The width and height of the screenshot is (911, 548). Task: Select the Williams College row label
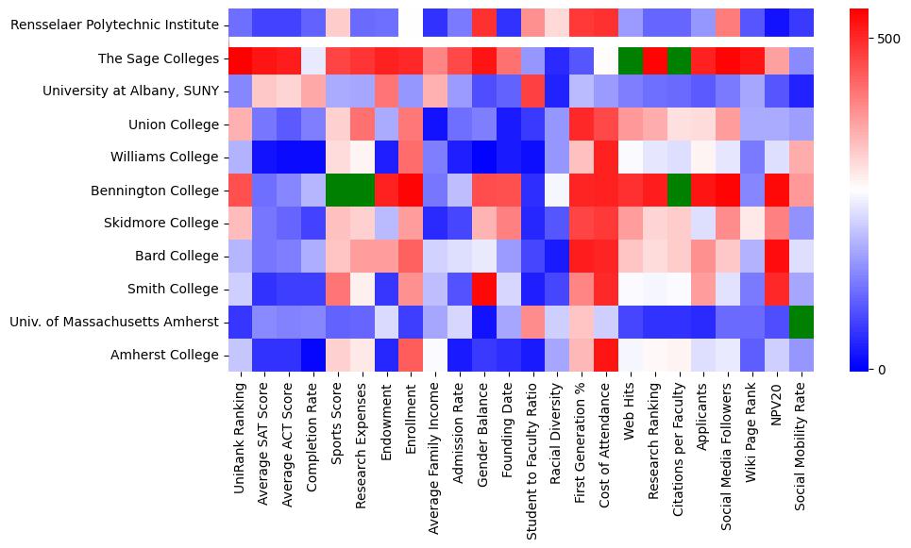pyautogui.click(x=165, y=157)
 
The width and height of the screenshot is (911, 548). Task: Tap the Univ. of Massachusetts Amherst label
pyautogui.click(x=112, y=322)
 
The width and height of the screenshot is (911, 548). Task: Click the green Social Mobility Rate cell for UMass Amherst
pyautogui.click(x=801, y=322)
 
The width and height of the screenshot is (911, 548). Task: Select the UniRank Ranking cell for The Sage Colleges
pyautogui.click(x=240, y=58)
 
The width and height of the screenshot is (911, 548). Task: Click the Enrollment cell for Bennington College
pyautogui.click(x=411, y=190)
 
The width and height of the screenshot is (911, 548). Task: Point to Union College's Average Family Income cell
pyautogui.click(x=435, y=124)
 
